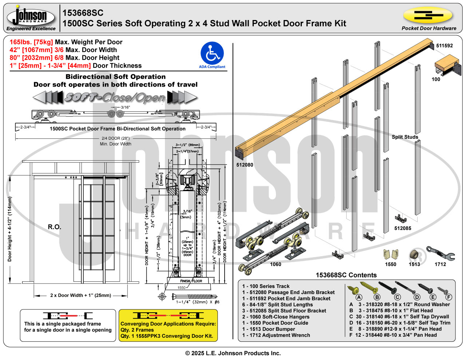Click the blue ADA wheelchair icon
[x=212, y=53]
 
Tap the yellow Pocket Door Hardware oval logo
[x=427, y=16]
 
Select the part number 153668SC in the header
[x=83, y=13]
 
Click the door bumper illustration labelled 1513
[x=414, y=254]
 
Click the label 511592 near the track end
[x=444, y=46]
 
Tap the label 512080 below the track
[x=245, y=165]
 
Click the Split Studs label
[x=405, y=137]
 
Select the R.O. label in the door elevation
[x=55, y=227]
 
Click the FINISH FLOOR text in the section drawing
[x=191, y=281]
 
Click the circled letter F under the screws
[x=449, y=297]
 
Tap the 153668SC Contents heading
[x=346, y=275]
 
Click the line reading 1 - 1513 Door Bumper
[x=269, y=329]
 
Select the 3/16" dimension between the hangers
[x=125, y=107]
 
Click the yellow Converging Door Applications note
[x=168, y=325]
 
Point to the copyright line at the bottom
[x=233, y=353]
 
